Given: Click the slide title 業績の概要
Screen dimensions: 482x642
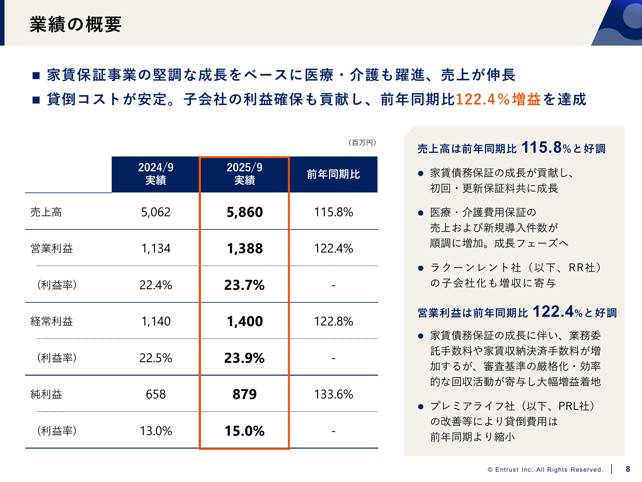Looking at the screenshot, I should (x=75, y=24).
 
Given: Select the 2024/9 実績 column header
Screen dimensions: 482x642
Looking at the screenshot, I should (x=156, y=174).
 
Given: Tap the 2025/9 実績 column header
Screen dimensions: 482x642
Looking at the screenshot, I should (x=244, y=174).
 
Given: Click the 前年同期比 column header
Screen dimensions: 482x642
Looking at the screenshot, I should (x=333, y=174).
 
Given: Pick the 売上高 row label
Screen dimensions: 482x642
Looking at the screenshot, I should (x=46, y=212).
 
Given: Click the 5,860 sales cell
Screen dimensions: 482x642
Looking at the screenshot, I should (x=245, y=212).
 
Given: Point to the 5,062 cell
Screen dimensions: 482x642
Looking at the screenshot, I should (x=156, y=212).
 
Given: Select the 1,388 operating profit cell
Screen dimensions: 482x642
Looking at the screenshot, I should (x=245, y=248).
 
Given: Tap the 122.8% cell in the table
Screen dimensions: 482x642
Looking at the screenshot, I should (x=333, y=321).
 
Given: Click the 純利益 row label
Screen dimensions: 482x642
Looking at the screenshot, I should (x=46, y=394).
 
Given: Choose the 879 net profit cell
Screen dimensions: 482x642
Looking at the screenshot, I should (x=245, y=394).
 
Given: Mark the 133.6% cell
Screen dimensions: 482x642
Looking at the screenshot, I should (x=333, y=394).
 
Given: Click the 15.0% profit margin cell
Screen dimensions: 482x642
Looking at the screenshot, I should (x=245, y=431).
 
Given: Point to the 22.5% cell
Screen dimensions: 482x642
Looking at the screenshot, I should (x=156, y=358).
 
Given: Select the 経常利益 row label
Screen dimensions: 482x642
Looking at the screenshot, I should (x=51, y=321).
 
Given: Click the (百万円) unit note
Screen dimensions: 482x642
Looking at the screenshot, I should (x=362, y=143).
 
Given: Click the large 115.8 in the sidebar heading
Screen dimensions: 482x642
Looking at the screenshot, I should (x=542, y=148).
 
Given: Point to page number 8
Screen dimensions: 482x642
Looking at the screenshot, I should (x=628, y=469).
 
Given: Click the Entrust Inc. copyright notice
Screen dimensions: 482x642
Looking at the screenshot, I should (x=545, y=469).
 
